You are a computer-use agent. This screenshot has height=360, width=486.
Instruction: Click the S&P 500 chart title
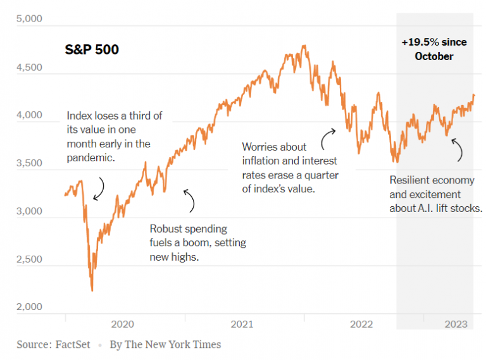click(x=92, y=49)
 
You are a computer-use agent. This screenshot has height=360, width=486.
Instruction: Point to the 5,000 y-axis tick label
click(x=29, y=19)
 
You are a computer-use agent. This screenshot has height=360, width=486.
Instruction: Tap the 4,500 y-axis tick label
click(x=29, y=67)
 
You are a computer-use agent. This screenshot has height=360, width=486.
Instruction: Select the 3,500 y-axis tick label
click(x=29, y=163)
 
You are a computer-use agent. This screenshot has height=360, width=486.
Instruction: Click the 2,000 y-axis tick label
click(x=29, y=307)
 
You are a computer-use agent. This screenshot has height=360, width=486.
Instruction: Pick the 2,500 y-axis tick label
click(x=29, y=259)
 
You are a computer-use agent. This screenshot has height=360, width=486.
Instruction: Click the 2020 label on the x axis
click(x=122, y=325)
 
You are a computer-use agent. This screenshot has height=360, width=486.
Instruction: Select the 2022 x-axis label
click(x=361, y=325)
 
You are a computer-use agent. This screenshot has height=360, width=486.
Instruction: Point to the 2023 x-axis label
click(x=456, y=325)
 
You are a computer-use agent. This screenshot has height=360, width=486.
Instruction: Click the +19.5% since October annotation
click(x=434, y=49)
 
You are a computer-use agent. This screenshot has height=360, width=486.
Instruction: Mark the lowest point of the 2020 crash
click(x=92, y=290)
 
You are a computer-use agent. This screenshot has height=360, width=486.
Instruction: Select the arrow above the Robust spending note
click(x=189, y=200)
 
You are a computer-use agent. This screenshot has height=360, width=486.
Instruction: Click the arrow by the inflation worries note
click(x=328, y=135)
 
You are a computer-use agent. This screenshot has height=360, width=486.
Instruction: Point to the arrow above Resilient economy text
click(x=457, y=149)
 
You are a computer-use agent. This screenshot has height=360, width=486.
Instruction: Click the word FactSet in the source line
click(x=72, y=345)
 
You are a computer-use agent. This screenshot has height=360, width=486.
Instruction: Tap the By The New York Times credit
click(x=165, y=345)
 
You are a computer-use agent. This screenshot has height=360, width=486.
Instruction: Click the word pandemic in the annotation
click(x=90, y=158)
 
